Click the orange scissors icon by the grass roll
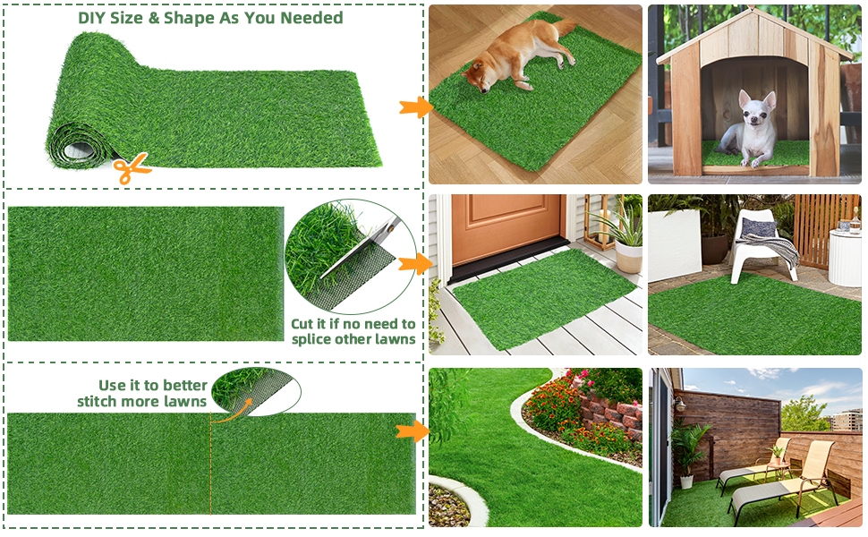coord(132,168)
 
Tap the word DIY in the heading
coord(92,18)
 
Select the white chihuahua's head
coord(756,108)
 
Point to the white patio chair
coord(762,244)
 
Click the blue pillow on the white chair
coord(759,227)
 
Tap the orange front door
coord(507,226)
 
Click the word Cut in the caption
coord(302,324)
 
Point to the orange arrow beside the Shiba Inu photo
coord(416,107)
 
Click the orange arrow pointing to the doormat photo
coord(415,263)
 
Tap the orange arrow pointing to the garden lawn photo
coord(413,431)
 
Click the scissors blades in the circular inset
coord(360,247)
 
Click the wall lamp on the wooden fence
coord(680,405)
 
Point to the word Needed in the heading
coord(311,18)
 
